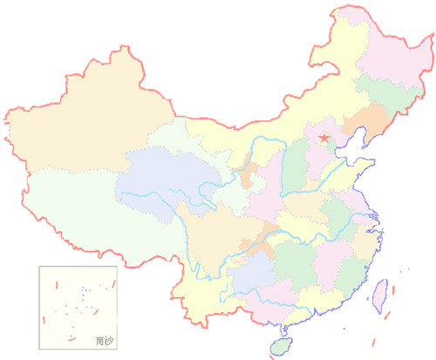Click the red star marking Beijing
tap(324, 139)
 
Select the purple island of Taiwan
tap(381, 295)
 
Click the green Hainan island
tap(281, 347)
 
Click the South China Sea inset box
tap(78, 304)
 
